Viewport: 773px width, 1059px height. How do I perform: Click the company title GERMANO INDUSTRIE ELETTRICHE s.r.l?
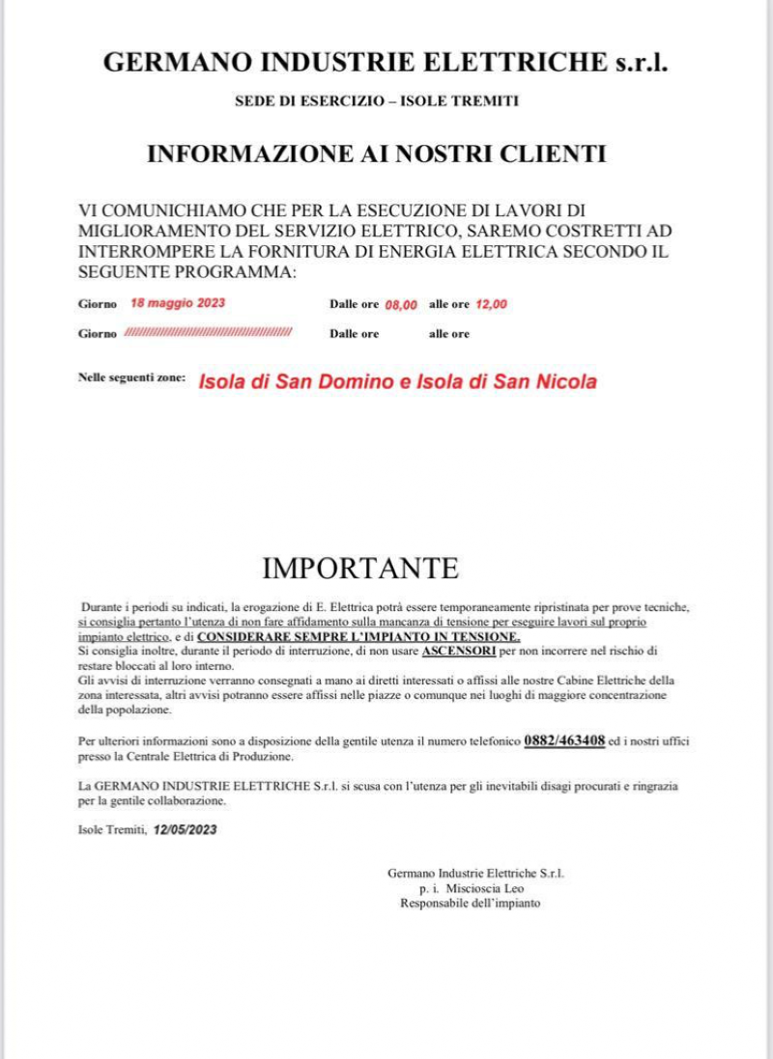[386, 64]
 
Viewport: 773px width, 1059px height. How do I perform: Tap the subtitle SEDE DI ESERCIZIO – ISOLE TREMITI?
[377, 101]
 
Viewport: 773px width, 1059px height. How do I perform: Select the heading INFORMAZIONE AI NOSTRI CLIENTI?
[376, 153]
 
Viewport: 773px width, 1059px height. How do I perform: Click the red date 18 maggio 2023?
[177, 303]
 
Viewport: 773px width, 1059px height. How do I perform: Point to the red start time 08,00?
[401, 304]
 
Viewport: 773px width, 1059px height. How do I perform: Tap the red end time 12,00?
[491, 304]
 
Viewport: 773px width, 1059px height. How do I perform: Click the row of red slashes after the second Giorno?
[208, 333]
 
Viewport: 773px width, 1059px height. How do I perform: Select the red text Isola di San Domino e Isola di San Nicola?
[397, 381]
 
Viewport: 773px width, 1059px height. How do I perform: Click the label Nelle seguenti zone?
[131, 379]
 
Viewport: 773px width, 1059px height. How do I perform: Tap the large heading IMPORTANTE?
[360, 568]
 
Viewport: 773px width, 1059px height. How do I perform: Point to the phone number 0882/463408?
[564, 740]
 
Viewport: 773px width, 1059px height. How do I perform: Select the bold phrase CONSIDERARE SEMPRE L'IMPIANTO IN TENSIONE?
[358, 638]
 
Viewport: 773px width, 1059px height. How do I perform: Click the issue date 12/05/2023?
[185, 829]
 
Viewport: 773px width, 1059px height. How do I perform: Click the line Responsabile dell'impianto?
[470, 903]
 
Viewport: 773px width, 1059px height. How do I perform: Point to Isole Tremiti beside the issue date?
[112, 829]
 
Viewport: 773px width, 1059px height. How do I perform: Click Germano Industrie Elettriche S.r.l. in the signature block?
[475, 873]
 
